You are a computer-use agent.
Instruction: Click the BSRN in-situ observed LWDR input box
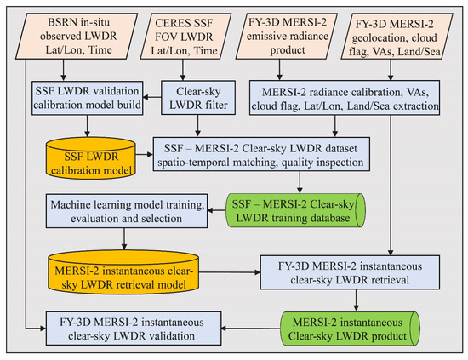click(x=77, y=36)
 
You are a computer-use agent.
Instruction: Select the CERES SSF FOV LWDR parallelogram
click(x=185, y=36)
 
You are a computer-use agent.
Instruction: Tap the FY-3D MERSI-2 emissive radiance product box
click(x=287, y=36)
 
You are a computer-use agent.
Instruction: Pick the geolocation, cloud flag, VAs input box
click(x=397, y=36)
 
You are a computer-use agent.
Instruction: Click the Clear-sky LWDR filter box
click(x=198, y=98)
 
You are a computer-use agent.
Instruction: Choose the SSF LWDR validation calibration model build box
click(x=87, y=98)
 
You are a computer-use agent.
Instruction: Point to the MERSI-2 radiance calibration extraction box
click(x=345, y=98)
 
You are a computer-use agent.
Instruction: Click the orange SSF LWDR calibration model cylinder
click(x=91, y=158)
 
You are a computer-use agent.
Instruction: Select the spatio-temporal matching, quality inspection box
click(x=261, y=154)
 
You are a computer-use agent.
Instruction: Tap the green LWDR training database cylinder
click(x=295, y=210)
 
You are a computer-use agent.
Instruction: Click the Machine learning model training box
click(x=127, y=211)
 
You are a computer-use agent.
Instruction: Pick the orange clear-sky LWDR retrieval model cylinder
click(x=123, y=272)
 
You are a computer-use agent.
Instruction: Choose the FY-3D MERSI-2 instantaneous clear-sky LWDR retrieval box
click(x=350, y=272)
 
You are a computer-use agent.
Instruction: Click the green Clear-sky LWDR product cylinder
click(x=350, y=329)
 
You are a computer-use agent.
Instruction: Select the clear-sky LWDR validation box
click(x=134, y=329)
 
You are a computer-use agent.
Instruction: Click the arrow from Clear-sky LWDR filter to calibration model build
click(x=152, y=97)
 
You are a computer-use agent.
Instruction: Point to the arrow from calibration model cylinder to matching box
click(x=144, y=154)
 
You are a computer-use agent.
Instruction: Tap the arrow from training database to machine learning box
click(x=217, y=210)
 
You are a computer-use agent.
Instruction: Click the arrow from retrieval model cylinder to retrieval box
click(x=230, y=272)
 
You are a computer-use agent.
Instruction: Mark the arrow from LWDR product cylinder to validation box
click(x=251, y=329)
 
